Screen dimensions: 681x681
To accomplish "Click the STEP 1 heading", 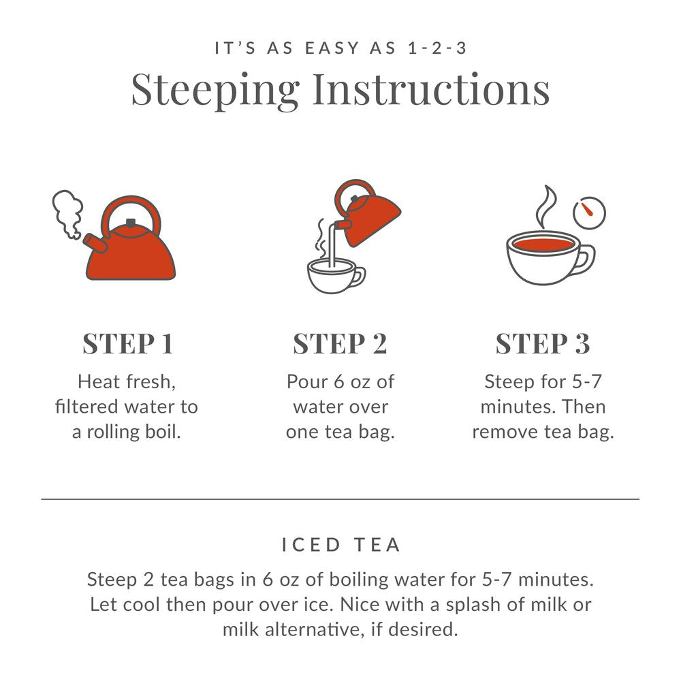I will click(127, 344).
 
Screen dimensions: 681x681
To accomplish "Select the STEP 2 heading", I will click(340, 344).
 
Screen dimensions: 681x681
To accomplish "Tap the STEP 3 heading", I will click(543, 344).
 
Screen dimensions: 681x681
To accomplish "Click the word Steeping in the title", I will click(215, 89).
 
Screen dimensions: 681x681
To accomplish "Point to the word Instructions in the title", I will click(430, 89).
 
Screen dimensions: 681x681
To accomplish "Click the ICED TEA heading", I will click(340, 545).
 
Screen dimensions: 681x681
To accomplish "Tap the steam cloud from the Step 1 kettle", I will click(68, 212).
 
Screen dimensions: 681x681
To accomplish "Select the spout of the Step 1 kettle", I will click(93, 241).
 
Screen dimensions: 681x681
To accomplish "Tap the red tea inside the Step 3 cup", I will click(543, 244).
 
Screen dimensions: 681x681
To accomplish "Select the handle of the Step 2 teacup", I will click(358, 276).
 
